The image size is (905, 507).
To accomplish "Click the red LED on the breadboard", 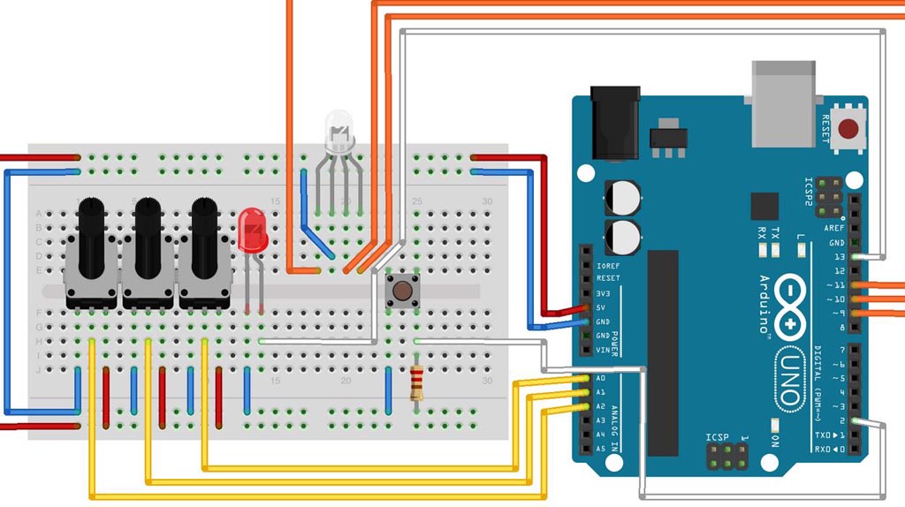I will [x=254, y=229].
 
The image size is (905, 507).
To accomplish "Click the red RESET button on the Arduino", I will [x=849, y=129].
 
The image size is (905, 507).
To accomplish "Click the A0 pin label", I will [x=600, y=378].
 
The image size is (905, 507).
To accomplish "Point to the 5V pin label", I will [x=602, y=307].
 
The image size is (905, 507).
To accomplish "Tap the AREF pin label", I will [x=835, y=228].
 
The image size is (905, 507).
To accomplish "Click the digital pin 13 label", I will [x=837, y=256].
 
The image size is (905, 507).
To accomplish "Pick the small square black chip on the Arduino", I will [x=764, y=206].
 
